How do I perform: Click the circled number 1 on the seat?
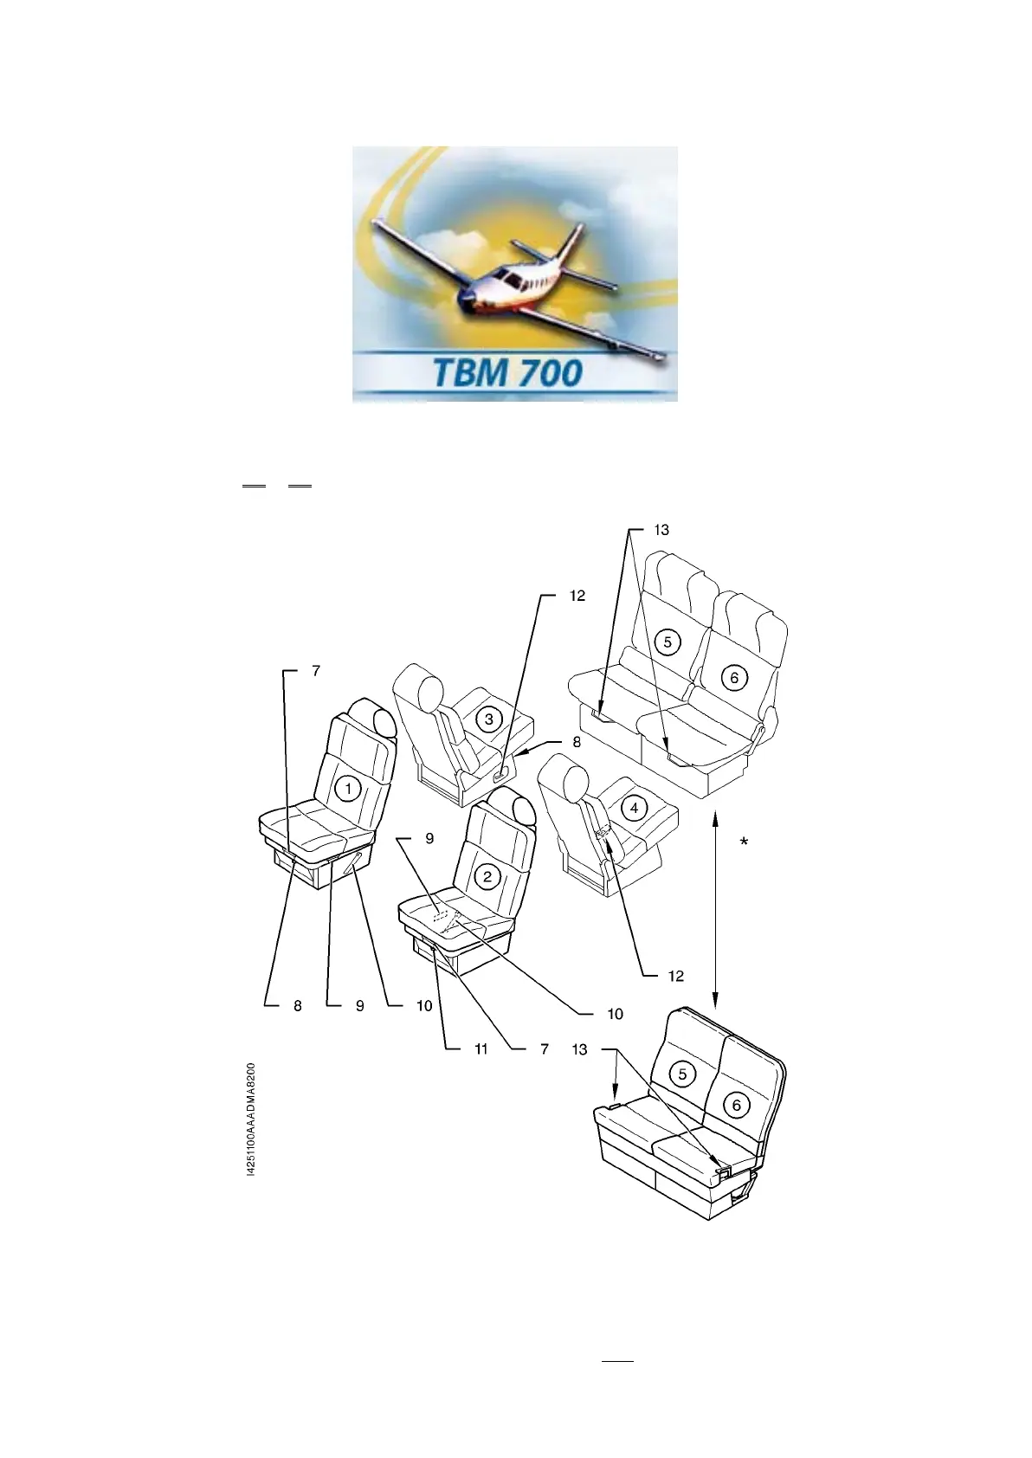tap(348, 789)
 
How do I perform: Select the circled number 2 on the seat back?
tap(487, 876)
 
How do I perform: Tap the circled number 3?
tap(489, 719)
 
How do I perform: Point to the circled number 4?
tap(635, 808)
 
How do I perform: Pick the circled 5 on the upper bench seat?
tap(668, 642)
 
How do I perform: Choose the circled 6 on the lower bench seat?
tap(737, 1105)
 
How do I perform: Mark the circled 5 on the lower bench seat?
tap(683, 1074)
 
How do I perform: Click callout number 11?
tap(481, 1049)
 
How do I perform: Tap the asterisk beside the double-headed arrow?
tap(744, 842)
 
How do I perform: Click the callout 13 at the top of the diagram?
tap(661, 530)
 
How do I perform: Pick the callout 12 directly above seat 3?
tap(577, 596)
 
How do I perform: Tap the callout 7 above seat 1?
tap(315, 671)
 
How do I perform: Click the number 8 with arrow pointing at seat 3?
tap(577, 741)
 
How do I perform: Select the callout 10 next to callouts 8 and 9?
tap(423, 1006)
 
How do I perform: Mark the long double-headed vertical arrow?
tap(716, 909)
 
